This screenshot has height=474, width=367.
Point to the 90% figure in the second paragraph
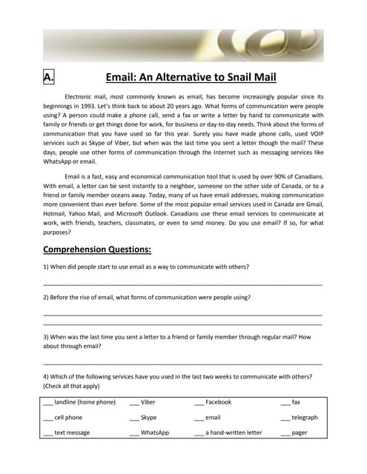267,176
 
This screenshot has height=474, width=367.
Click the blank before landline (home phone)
47,402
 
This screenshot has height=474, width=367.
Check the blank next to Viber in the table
134,402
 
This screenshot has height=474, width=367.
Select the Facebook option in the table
218,402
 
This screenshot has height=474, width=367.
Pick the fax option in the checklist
296,402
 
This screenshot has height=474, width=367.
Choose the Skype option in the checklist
148,418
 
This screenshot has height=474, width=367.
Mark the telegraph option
305,418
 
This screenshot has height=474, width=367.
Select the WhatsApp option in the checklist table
155,433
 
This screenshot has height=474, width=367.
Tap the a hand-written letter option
234,433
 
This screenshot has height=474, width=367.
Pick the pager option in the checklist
300,433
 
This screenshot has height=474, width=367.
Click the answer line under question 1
183,284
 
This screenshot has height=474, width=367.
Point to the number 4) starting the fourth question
47,376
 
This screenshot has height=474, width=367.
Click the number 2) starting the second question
47,297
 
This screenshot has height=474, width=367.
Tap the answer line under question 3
183,364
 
